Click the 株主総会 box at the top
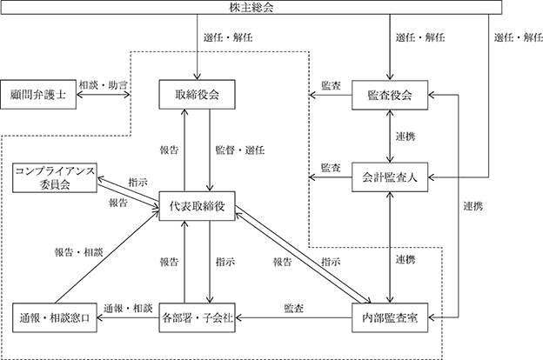point(251,7)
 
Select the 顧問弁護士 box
point(38,95)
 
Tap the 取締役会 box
point(197,95)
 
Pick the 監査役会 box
point(390,95)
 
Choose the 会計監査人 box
point(390,177)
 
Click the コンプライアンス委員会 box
point(55,178)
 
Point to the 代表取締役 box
point(197,206)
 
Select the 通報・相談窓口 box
point(55,317)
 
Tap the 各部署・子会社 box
point(197,317)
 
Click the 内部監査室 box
point(390,317)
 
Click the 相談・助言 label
point(104,85)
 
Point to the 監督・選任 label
point(240,150)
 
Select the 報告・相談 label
point(78,252)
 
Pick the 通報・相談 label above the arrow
point(128,308)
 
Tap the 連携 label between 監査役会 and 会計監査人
point(406,137)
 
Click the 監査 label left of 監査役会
point(331,85)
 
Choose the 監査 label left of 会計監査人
point(331,168)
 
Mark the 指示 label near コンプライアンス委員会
point(137,182)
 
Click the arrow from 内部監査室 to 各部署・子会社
point(293,317)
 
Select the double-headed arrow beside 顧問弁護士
point(104,95)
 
